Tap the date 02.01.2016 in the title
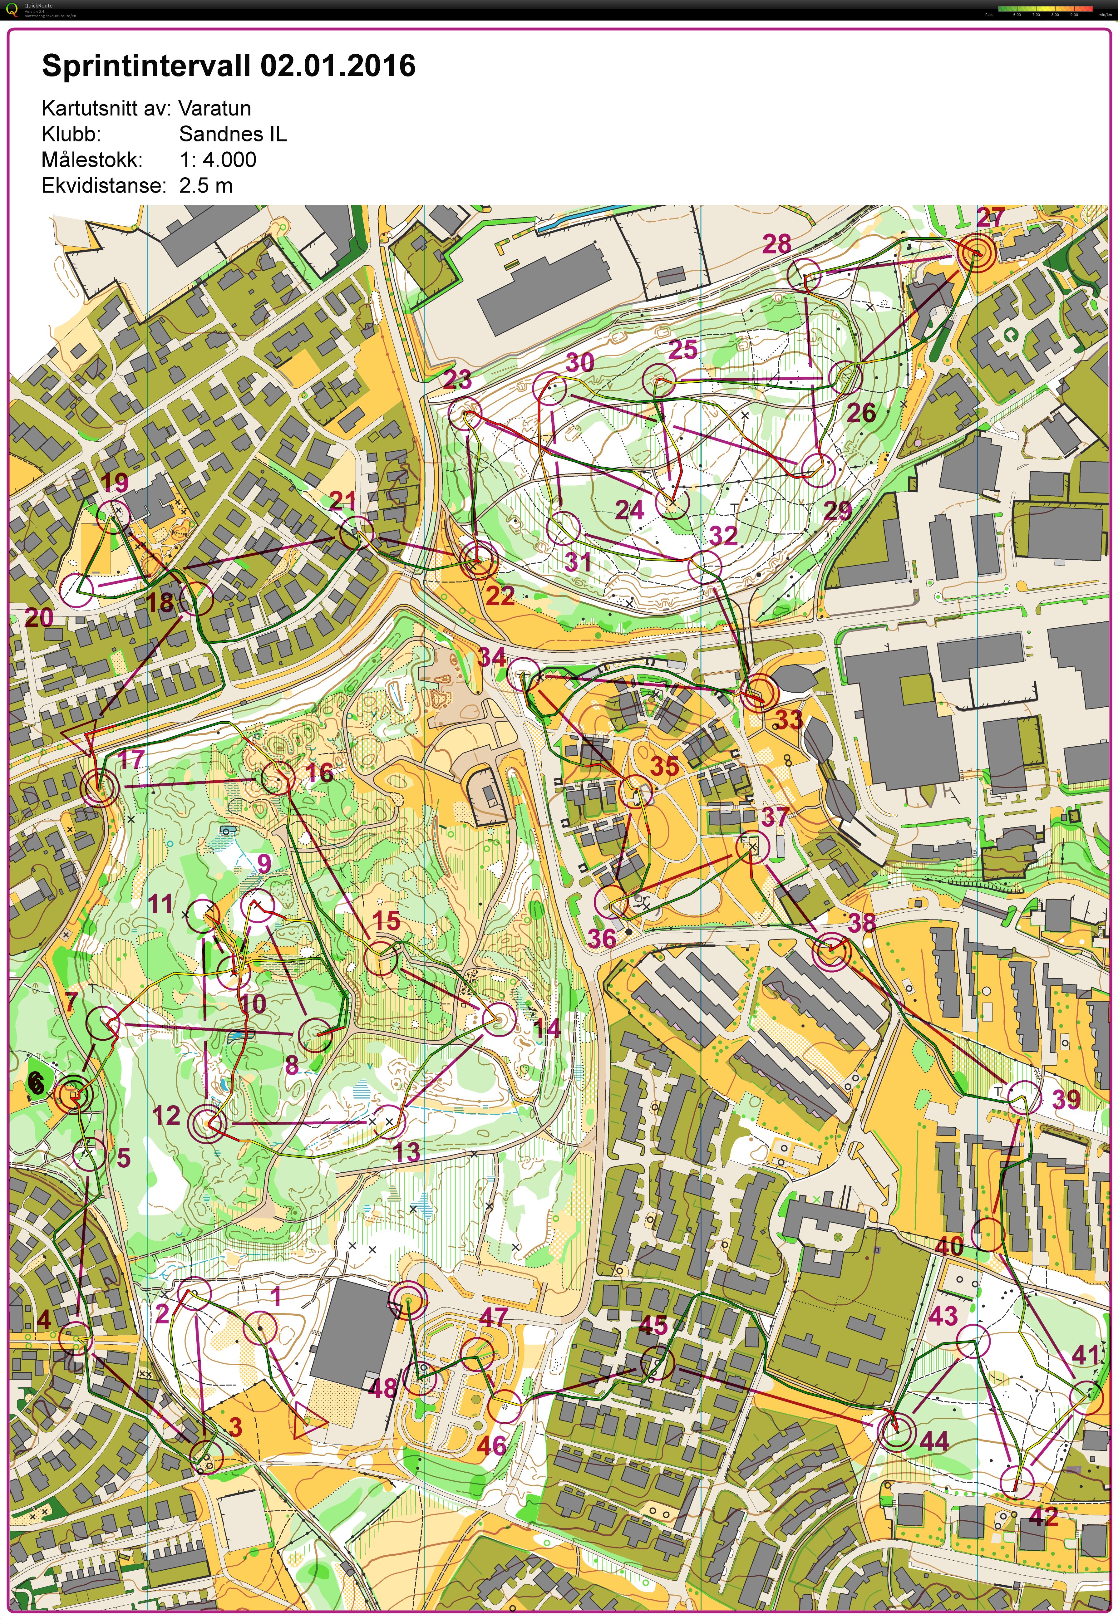click(x=338, y=66)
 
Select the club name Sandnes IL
click(x=233, y=134)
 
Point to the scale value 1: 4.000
click(x=218, y=160)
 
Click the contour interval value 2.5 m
click(x=206, y=186)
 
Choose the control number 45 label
click(x=653, y=1325)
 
